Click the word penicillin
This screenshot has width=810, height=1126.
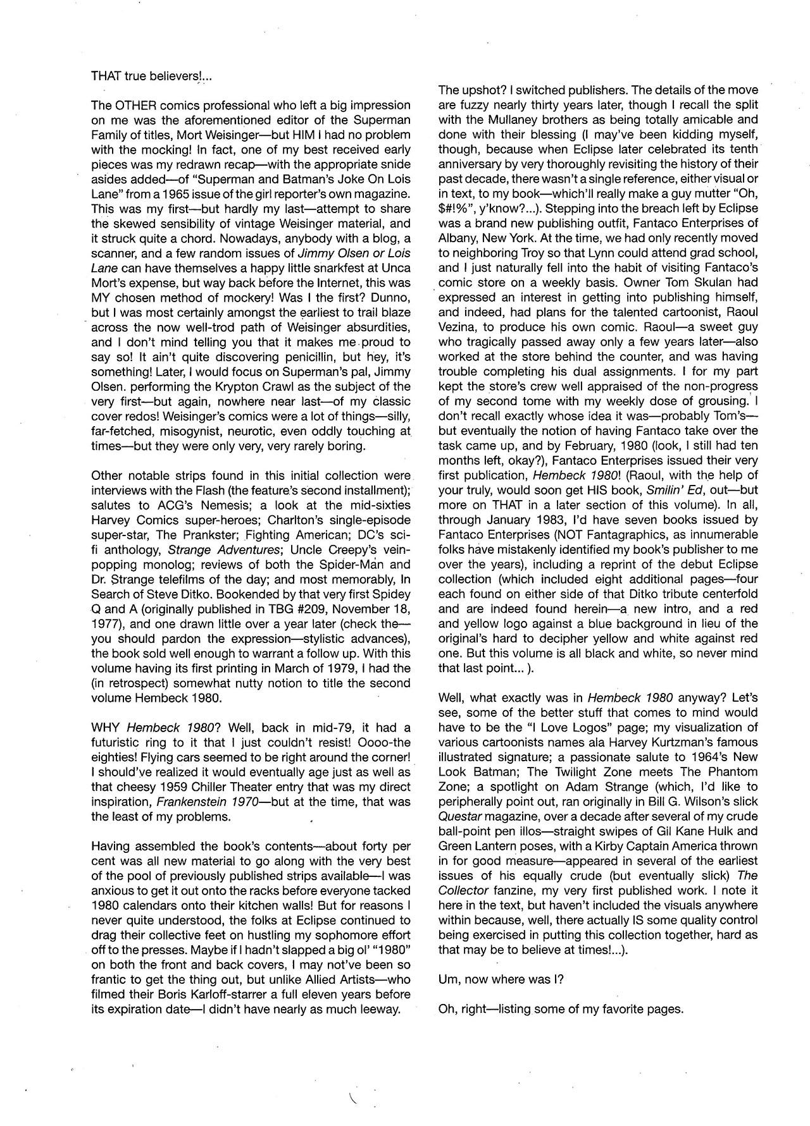click(x=318, y=357)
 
